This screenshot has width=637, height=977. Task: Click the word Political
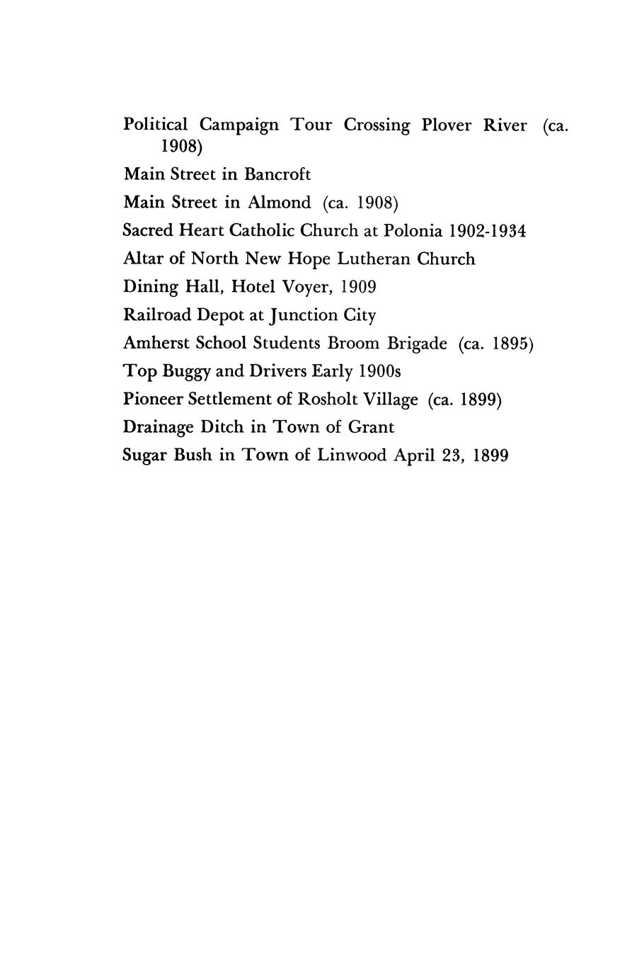156,125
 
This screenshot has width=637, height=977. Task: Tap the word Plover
446,125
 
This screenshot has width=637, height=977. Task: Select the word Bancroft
277,174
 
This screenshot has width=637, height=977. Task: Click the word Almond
279,203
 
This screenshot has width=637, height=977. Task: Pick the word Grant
371,427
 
